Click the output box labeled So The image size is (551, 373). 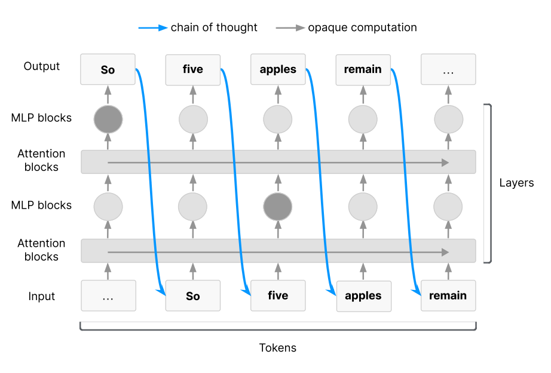108,69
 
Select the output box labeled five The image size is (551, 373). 193,69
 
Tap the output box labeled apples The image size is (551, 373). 278,69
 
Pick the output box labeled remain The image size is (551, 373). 363,69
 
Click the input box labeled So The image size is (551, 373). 193,296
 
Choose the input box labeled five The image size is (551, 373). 278,296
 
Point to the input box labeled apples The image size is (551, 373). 364,296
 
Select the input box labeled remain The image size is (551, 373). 448,296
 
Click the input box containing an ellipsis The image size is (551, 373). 109,296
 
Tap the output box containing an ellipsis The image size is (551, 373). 448,69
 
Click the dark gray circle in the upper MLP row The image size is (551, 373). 108,119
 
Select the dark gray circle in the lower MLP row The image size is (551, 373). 278,207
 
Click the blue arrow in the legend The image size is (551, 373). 153,27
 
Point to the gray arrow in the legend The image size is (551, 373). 290,27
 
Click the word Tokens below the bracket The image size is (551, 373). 278,348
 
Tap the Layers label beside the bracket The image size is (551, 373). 516,183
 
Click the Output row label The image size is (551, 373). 41,66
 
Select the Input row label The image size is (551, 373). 41,296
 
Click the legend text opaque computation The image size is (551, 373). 362,27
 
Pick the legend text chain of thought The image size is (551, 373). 214,27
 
